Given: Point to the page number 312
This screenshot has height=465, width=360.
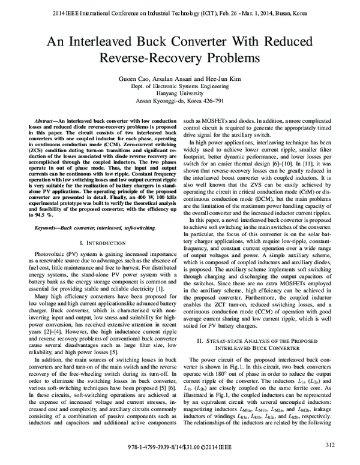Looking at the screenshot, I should tap(329, 444).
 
